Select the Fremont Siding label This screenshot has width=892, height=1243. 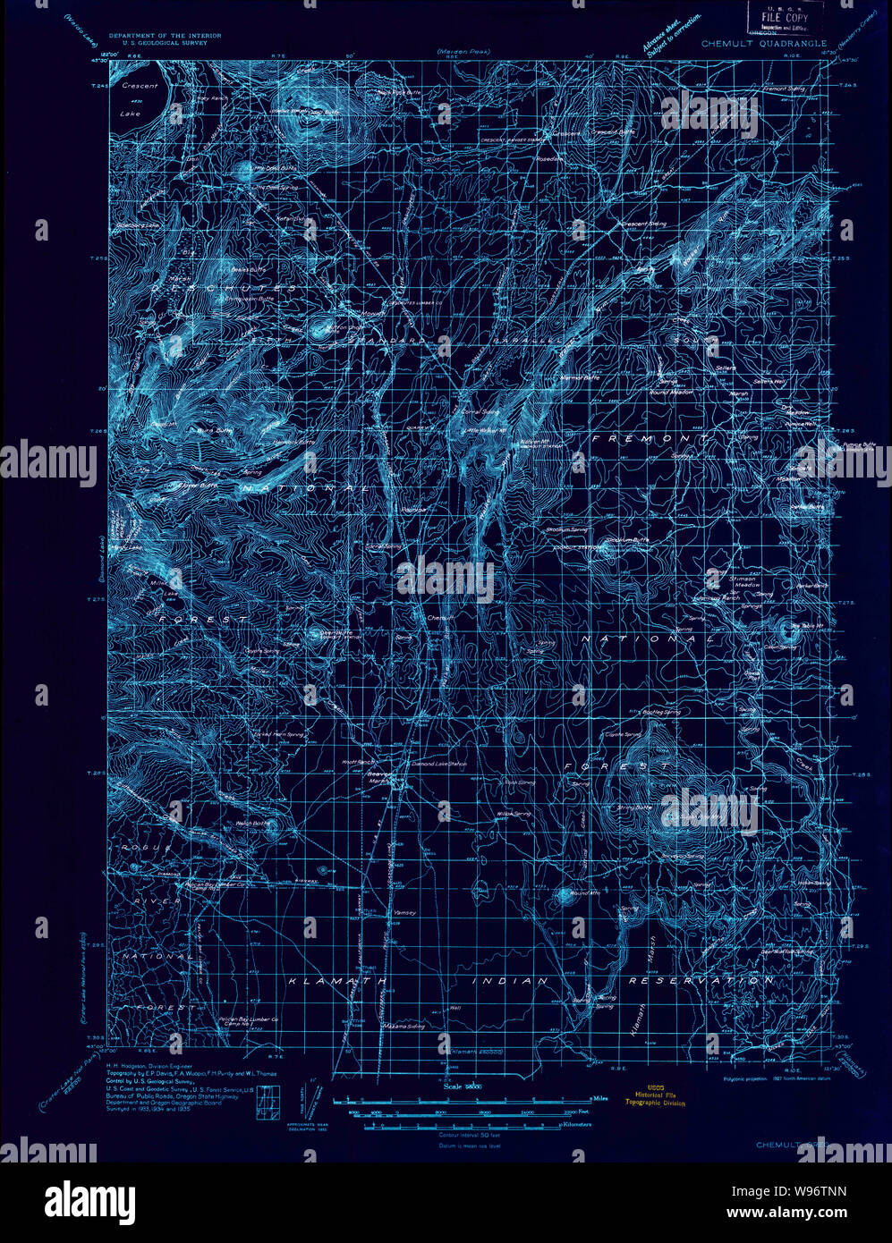[784, 89]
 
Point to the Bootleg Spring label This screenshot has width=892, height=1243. [660, 712]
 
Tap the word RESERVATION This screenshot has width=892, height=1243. [687, 981]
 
